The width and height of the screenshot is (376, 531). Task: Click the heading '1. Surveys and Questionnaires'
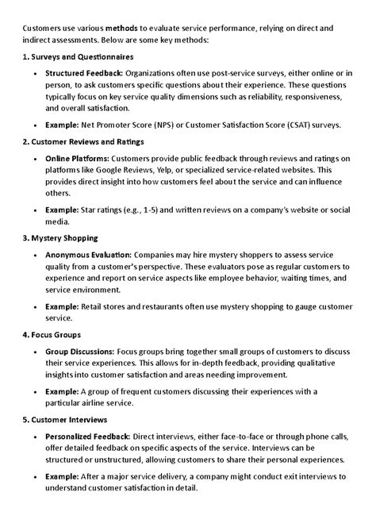(x=78, y=57)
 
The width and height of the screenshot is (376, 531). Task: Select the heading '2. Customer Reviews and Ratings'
(x=82, y=141)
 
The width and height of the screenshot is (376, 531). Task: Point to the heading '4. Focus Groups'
(x=52, y=334)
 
